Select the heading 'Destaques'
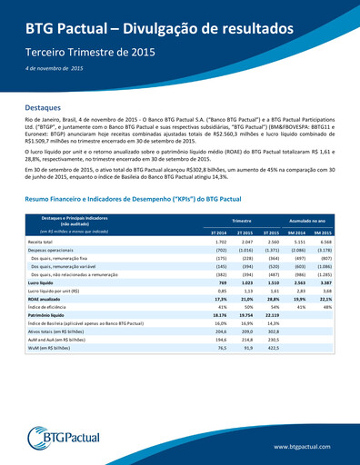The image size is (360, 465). (43, 107)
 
